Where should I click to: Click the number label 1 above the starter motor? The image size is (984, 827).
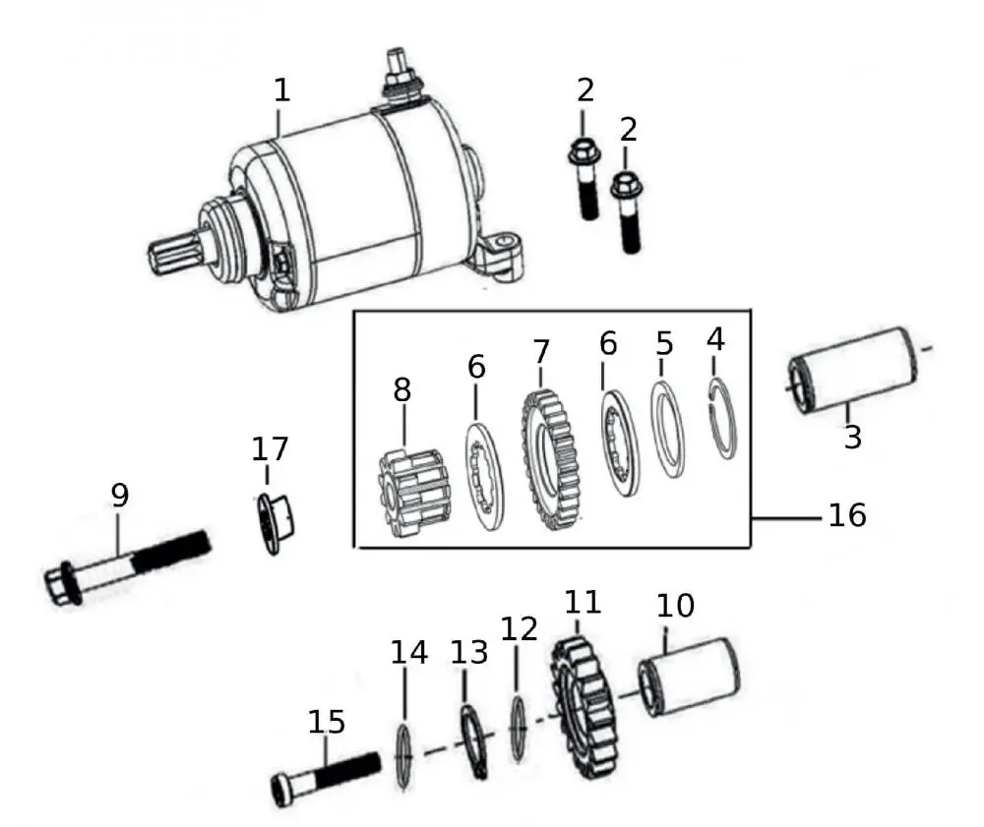pyautogui.click(x=282, y=91)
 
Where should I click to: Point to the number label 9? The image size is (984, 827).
pyautogui.click(x=119, y=497)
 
